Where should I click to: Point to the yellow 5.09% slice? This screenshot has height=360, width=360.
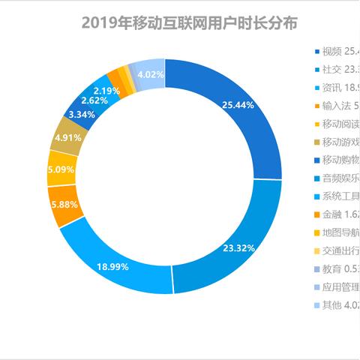tap(59, 169)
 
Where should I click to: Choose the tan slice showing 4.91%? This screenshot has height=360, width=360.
tap(66, 137)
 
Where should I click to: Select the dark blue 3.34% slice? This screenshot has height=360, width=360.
tap(80, 114)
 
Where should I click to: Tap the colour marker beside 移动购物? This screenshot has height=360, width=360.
tap(316, 160)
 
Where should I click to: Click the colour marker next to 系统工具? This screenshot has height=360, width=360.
tap(316, 196)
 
